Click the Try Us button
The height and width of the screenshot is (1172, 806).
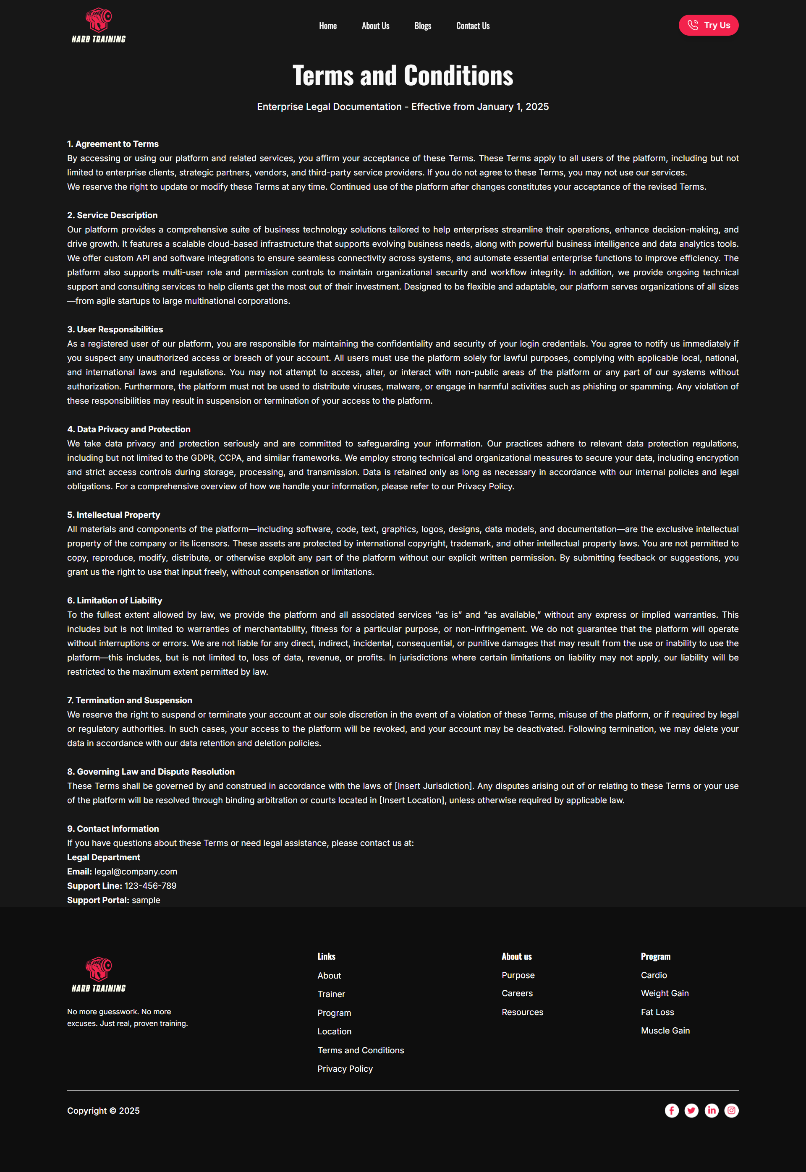pos(708,25)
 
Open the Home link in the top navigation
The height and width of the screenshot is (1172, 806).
pos(328,26)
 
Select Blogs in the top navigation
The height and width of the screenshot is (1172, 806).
pos(423,26)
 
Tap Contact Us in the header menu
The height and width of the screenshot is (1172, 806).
pos(473,26)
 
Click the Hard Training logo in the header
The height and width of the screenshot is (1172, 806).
pos(99,25)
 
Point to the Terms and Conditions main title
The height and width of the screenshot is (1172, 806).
pos(403,76)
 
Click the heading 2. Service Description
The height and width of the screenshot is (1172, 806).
pos(112,215)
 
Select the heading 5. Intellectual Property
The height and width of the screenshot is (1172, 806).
pos(114,515)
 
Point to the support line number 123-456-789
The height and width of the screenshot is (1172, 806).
pos(150,885)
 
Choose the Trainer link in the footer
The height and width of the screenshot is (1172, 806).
pos(331,994)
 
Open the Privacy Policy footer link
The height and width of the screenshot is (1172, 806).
pos(345,1068)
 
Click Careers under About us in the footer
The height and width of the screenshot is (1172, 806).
pos(517,993)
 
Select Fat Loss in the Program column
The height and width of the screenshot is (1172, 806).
pos(657,1012)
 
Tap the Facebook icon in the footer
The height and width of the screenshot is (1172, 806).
pos(671,1110)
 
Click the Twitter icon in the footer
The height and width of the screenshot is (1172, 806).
pos(691,1110)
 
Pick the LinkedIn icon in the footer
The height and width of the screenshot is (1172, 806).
pos(712,1110)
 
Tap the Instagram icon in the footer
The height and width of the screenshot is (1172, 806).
pos(731,1110)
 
